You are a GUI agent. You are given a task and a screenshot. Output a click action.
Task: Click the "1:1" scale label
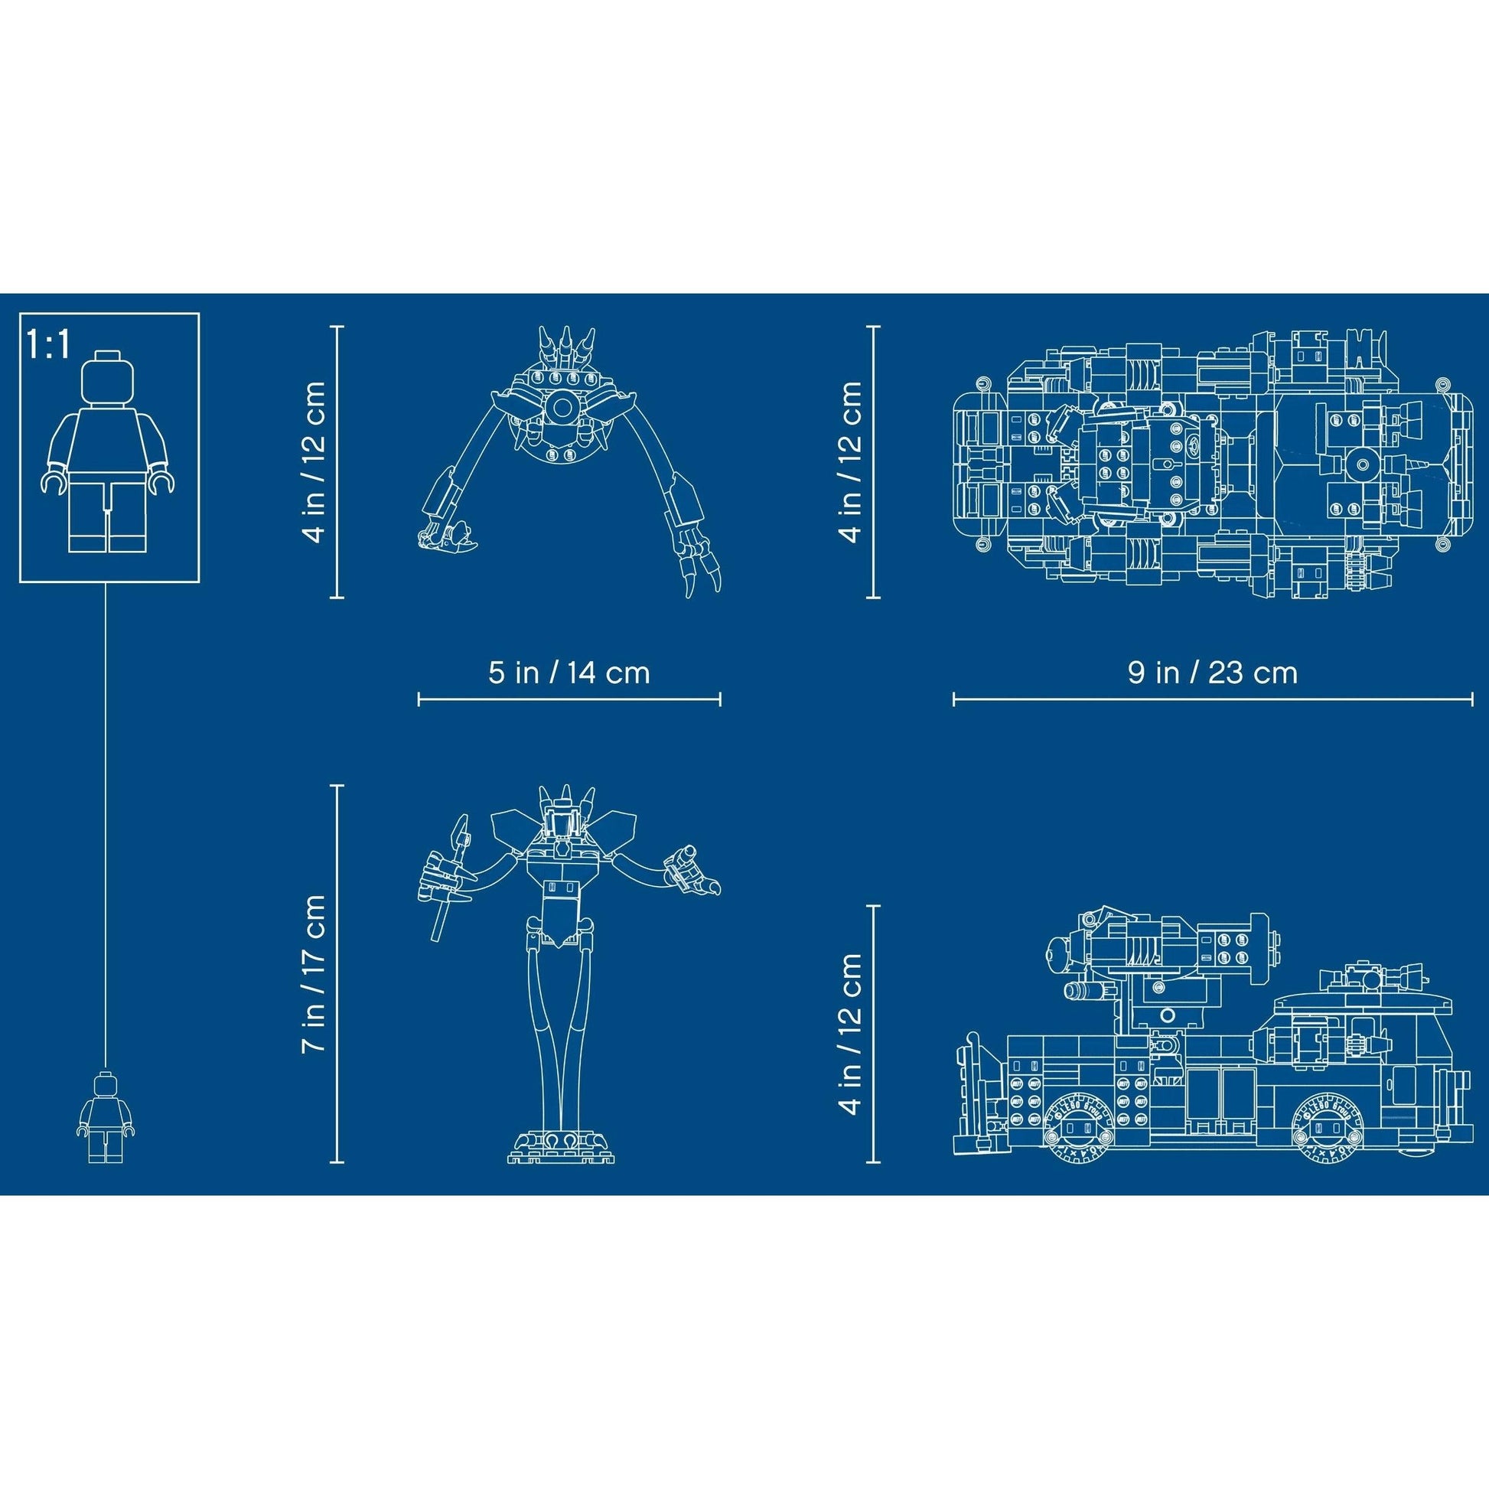tap(48, 344)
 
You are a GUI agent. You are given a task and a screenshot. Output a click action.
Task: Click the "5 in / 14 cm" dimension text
tap(569, 672)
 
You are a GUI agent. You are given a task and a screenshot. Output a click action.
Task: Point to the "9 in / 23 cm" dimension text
tap(1213, 672)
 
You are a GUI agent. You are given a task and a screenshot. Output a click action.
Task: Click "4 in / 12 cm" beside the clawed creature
tap(314, 461)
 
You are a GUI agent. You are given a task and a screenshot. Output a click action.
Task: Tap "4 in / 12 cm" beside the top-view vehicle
tap(850, 461)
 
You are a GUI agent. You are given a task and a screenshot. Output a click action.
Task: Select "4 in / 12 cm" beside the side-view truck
tap(850, 1034)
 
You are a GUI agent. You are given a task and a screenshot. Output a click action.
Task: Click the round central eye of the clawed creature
tap(562, 408)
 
